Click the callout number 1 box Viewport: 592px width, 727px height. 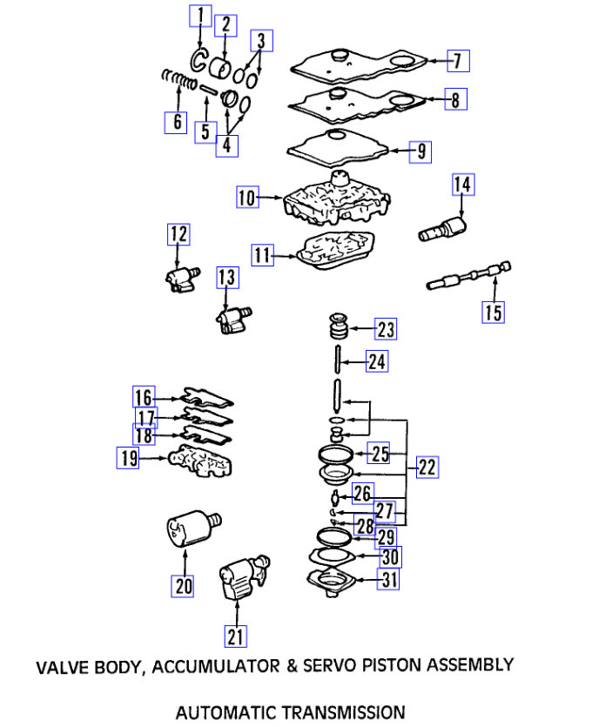tap(200, 15)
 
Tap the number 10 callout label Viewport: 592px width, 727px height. tap(248, 199)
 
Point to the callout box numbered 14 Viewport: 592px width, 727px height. tap(461, 185)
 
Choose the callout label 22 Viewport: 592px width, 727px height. tap(427, 468)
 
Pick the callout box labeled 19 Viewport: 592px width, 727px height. tap(129, 457)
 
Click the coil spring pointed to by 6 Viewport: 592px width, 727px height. tap(178, 84)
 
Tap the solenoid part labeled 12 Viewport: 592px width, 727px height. tap(178, 278)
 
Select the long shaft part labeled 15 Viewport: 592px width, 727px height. tap(468, 275)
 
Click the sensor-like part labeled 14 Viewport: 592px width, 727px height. tap(444, 230)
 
